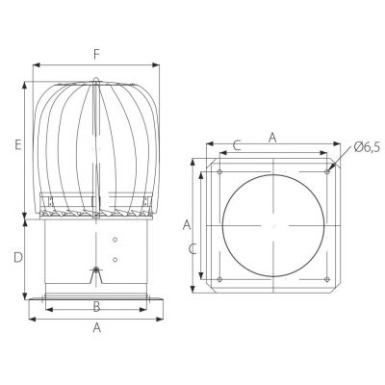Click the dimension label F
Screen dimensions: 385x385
coord(96,55)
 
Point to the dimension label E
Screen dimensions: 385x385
coord(18,144)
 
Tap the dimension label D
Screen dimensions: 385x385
coord(18,258)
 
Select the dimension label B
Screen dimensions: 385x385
coord(96,307)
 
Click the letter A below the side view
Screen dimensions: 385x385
coord(97,328)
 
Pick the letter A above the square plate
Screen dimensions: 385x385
coord(272,138)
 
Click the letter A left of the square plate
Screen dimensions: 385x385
coord(187,225)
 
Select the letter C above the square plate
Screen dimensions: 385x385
coord(237,145)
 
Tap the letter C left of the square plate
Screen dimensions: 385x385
coord(192,249)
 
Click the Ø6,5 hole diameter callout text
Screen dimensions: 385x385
coord(367,147)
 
